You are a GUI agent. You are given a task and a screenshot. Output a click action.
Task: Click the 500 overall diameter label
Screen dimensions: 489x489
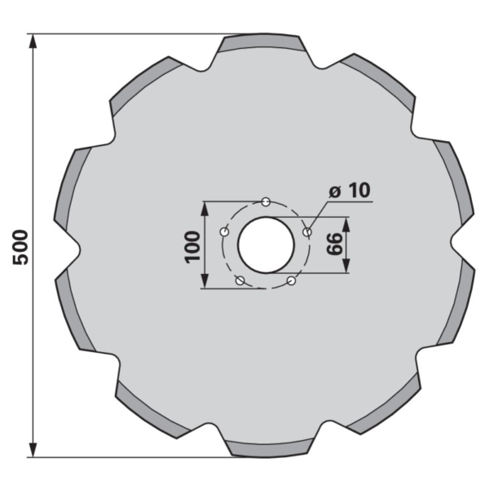20,247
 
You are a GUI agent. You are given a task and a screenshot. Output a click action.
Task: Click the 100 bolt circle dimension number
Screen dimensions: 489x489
192,247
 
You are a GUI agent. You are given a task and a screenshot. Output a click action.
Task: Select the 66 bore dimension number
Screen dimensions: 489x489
334,244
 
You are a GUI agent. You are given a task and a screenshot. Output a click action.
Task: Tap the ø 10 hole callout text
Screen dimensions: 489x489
350,190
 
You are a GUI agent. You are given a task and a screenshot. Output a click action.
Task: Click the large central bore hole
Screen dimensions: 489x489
266,245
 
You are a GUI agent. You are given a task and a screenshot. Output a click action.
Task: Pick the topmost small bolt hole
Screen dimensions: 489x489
266,202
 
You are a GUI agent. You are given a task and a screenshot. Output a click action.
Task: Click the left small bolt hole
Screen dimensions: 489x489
225,231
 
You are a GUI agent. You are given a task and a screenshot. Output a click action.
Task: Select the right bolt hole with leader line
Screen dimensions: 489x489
307,231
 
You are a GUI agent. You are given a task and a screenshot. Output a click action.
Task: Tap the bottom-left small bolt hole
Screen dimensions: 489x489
240,280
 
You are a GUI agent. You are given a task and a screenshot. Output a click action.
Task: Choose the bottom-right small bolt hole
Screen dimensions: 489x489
291,280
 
